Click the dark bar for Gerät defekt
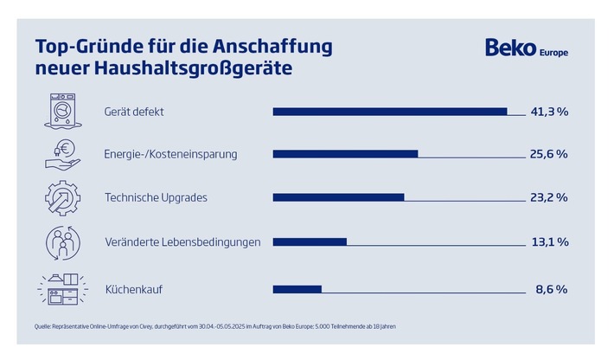[389, 111]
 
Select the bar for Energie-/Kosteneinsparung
[345, 154]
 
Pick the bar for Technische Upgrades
[338, 197]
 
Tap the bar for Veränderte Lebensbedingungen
[310, 241]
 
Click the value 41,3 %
[548, 111]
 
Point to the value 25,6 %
[548, 154]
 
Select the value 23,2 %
[548, 197]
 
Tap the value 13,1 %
[549, 241]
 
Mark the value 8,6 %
[551, 289]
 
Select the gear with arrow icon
[62, 197]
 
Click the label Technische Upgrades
[156, 197]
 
